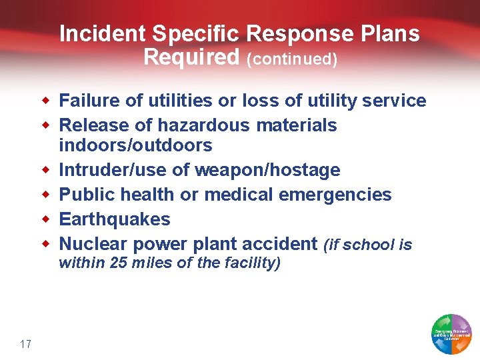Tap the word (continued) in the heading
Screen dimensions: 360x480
tap(292, 59)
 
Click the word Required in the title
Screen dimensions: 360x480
tap(191, 58)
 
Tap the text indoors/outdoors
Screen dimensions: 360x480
tap(135, 145)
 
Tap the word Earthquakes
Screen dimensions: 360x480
tap(115, 219)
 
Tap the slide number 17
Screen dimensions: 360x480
tap(26, 344)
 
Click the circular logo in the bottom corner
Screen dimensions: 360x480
tap(452, 333)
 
